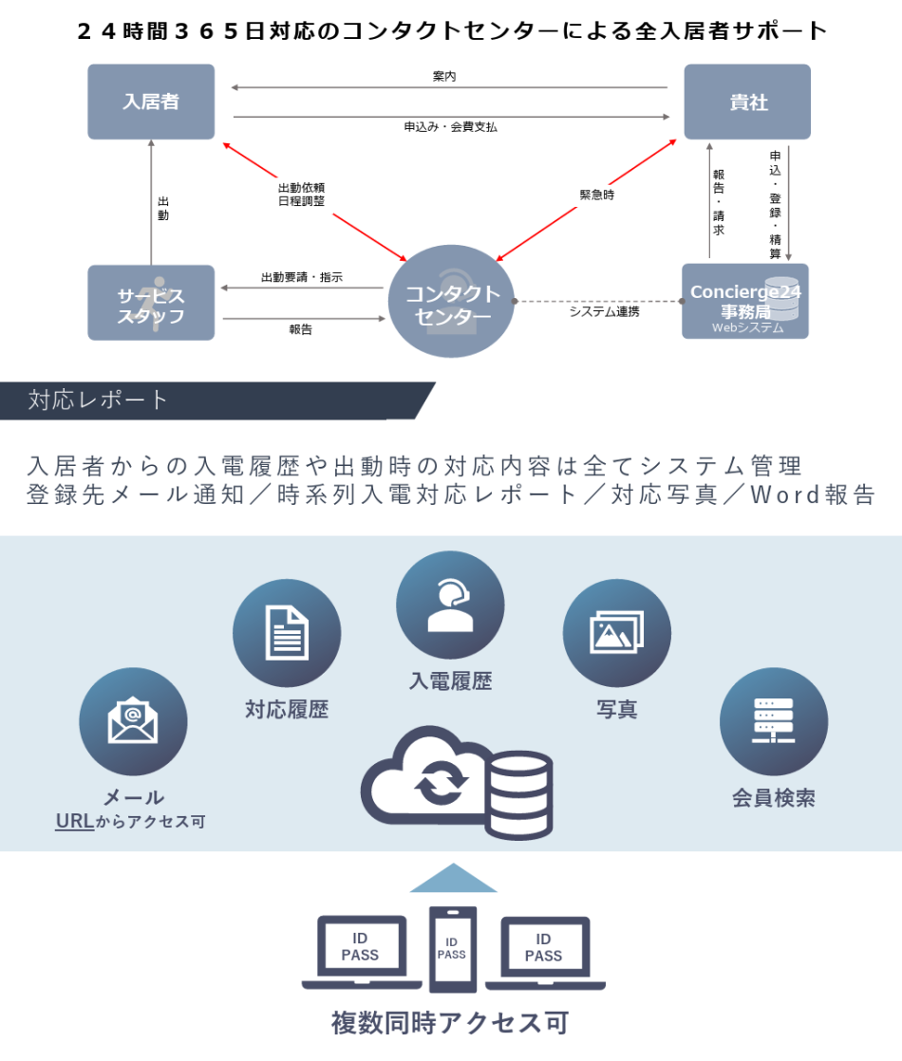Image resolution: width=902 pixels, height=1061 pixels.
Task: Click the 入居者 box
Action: (x=151, y=102)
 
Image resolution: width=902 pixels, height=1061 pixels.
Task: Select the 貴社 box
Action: (x=747, y=102)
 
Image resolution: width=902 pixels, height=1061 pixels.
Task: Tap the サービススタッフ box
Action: (x=151, y=303)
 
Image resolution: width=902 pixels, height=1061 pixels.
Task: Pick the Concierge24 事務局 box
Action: (x=745, y=301)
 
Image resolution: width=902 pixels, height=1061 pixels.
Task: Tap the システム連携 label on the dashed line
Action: (x=604, y=311)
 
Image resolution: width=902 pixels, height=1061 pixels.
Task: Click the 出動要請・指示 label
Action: (x=302, y=278)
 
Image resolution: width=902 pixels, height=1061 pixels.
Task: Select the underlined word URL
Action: (x=74, y=821)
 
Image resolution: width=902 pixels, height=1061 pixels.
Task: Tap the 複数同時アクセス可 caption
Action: (x=450, y=1023)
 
